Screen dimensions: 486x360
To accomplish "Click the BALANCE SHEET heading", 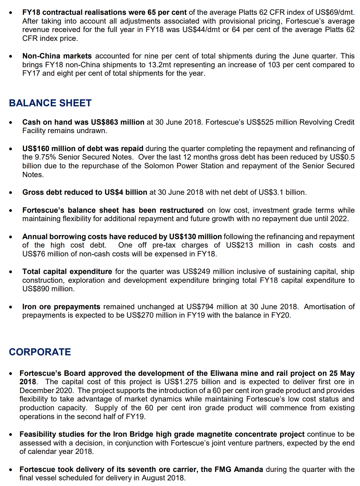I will [50, 103].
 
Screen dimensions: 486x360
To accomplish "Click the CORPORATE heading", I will [40, 352].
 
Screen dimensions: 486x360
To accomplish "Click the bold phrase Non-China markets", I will [57, 56].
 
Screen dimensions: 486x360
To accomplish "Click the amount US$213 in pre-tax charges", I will [239, 245].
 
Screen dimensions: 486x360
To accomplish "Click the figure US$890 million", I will [48, 289].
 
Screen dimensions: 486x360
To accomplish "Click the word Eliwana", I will [224, 373].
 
